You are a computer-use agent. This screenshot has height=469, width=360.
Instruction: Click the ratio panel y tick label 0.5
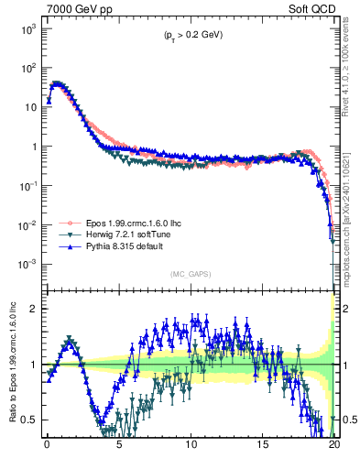tap(30, 420)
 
